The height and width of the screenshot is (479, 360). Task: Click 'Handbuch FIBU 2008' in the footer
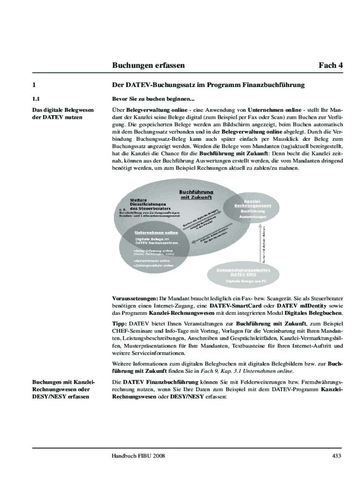[138, 456]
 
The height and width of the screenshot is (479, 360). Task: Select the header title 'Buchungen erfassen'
[148, 65]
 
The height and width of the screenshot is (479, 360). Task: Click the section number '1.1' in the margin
[36, 99]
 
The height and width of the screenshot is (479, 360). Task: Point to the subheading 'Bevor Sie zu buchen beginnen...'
[152, 99]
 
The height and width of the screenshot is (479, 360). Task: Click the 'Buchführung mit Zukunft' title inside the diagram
[196, 195]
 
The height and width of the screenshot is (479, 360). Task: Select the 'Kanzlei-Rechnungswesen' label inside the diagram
[252, 203]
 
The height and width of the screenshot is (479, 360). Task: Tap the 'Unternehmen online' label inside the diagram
[156, 232]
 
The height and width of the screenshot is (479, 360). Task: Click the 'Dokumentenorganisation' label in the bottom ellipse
[243, 270]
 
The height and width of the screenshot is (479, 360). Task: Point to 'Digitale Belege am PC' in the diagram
[246, 281]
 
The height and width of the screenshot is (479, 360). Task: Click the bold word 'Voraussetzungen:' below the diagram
[135, 298]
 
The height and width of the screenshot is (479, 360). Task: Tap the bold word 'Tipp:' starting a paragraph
[120, 323]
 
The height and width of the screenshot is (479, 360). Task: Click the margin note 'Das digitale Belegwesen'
[63, 110]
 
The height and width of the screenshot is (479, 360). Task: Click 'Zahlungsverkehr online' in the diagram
[153, 265]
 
